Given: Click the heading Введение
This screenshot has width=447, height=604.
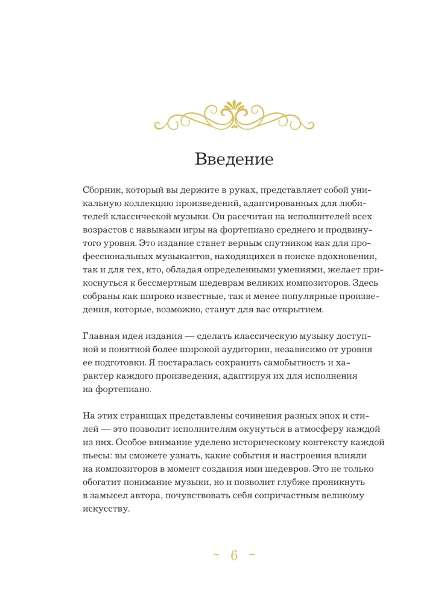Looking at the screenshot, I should [235, 160].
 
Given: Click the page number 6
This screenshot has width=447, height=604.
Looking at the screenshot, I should [235, 556].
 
